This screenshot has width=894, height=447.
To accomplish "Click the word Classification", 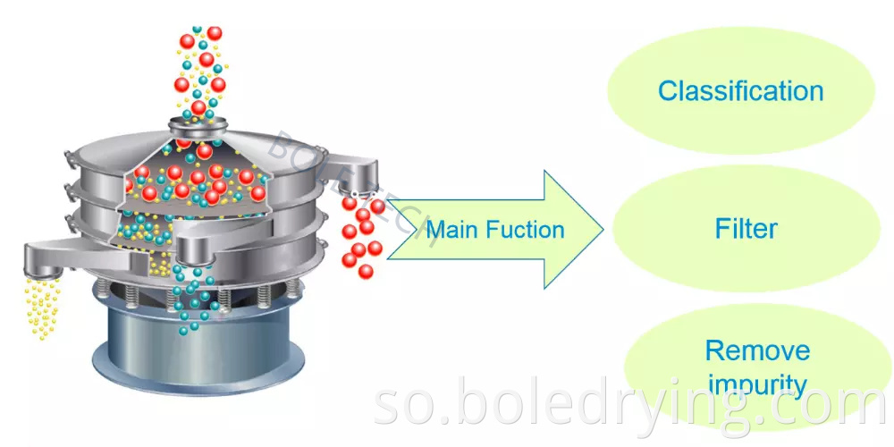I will pos(740,90).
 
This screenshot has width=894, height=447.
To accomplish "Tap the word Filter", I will pos(746,229).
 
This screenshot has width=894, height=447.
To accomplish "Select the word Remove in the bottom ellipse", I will pos(745,350).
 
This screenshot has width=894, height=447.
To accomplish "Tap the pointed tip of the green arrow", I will pos(601,230).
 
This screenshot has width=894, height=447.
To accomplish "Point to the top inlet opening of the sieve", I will pos(198,124).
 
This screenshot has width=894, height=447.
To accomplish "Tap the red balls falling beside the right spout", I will pos(362,237).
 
